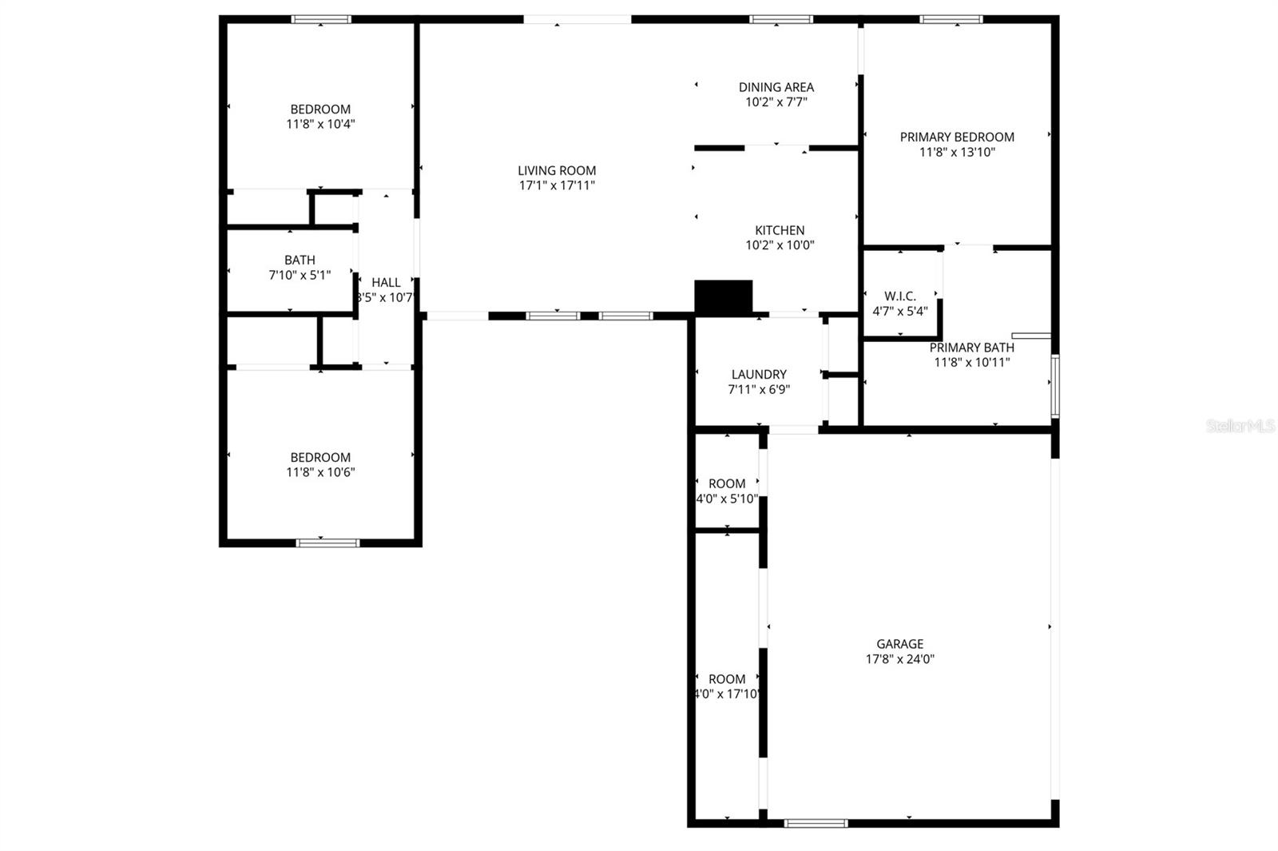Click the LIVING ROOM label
click(x=557, y=170)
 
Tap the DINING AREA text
click(x=776, y=87)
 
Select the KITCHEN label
click(x=780, y=230)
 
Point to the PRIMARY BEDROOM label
click(x=957, y=137)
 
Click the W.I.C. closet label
click(x=900, y=296)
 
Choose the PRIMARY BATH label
click(x=972, y=348)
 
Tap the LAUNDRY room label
click(x=759, y=374)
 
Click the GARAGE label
click(x=900, y=644)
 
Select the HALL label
click(x=386, y=282)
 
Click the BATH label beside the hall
click(x=300, y=260)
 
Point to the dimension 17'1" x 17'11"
click(x=557, y=185)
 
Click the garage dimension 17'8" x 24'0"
click(x=900, y=659)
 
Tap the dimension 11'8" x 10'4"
click(x=320, y=124)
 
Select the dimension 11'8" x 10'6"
click(x=320, y=472)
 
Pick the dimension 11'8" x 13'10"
click(x=957, y=152)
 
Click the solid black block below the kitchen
click(x=724, y=296)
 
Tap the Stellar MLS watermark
click(x=1240, y=427)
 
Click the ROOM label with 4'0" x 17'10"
click(x=727, y=679)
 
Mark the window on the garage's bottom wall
click(x=816, y=822)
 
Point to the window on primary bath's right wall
click(x=1054, y=387)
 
